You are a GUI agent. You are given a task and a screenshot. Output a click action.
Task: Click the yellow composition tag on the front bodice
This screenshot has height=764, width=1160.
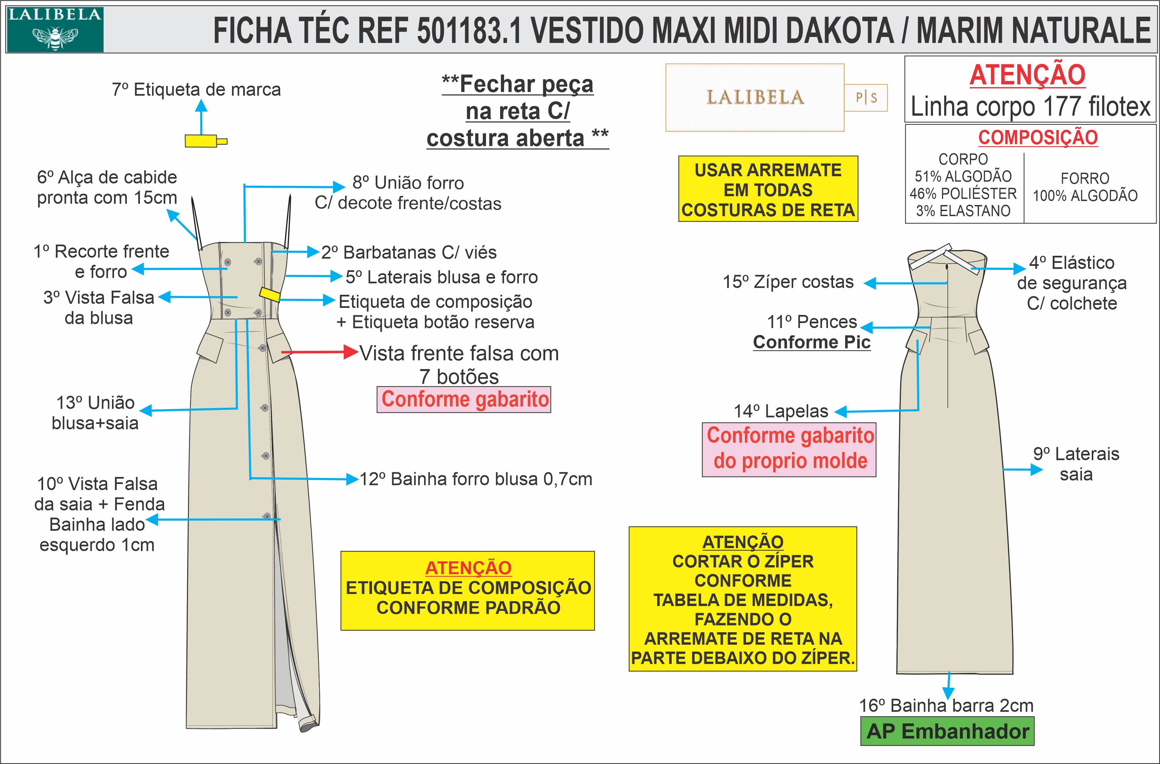[x=269, y=294]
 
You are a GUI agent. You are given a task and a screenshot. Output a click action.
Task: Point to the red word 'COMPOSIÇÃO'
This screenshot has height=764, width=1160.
[x=1038, y=138]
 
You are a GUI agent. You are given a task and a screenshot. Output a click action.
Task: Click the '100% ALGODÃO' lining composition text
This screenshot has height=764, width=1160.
[x=1085, y=196]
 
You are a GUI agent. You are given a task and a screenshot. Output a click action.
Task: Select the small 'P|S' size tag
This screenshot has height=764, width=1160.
[x=866, y=98]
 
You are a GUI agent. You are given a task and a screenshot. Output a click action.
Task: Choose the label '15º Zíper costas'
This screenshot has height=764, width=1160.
[x=788, y=282]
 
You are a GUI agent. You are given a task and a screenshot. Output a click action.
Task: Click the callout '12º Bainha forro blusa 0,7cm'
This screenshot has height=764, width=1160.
[x=476, y=479]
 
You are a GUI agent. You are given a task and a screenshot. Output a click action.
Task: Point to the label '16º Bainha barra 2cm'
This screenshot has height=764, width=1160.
[x=946, y=706]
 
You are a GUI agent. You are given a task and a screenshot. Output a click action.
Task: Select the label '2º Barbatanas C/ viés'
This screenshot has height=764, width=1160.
[x=409, y=253]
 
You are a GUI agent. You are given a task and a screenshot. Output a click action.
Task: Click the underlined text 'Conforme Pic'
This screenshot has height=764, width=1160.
[x=812, y=342]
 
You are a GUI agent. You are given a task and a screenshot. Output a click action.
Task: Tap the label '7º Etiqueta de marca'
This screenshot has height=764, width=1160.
[x=196, y=90]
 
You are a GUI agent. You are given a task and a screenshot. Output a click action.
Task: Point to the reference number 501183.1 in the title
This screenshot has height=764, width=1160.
[x=469, y=30]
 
